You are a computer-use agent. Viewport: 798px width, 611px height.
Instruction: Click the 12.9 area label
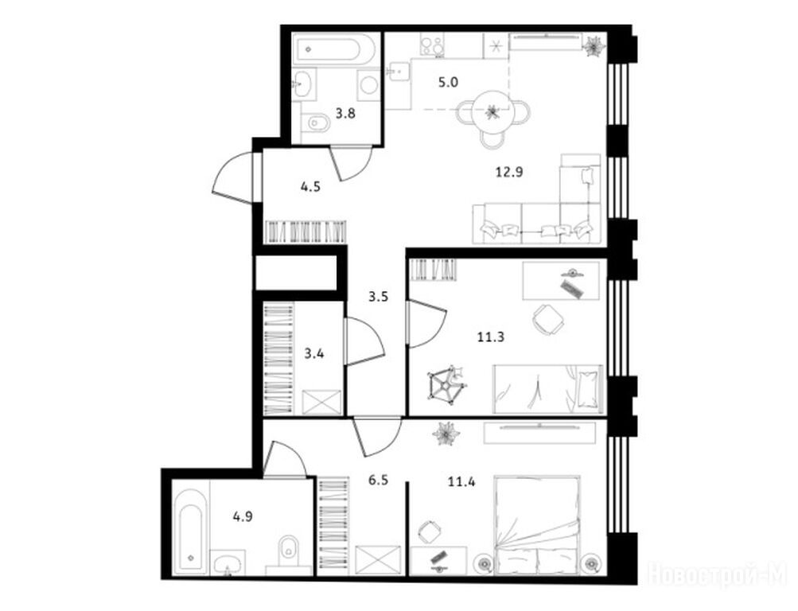(x=509, y=173)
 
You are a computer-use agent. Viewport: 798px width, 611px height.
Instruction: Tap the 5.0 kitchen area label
(x=449, y=82)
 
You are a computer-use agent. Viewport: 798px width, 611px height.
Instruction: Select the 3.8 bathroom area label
(x=345, y=114)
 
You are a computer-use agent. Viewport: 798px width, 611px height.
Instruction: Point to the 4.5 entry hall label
(x=310, y=187)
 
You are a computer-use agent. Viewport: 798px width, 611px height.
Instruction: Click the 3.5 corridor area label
(x=379, y=296)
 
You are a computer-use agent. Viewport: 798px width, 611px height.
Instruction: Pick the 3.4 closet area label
(x=314, y=353)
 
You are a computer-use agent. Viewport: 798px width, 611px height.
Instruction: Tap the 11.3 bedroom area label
(x=491, y=337)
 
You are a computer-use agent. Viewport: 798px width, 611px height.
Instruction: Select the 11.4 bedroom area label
(x=461, y=481)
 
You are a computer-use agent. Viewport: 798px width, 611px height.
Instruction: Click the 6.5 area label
(x=379, y=480)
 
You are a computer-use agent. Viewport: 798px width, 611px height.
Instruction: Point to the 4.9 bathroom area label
(x=243, y=517)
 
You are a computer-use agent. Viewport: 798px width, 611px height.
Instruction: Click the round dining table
(x=492, y=111)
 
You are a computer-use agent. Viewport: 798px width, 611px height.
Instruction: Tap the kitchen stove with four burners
(x=431, y=45)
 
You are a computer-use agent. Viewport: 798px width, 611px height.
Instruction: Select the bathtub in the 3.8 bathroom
(x=334, y=49)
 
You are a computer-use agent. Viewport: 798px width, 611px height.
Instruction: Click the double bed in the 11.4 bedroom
(x=537, y=526)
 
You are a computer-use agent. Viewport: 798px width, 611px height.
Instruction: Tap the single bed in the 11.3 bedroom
(x=548, y=389)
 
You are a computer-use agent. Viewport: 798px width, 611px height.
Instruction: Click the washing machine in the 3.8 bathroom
(x=368, y=84)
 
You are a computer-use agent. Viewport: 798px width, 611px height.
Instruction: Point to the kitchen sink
(x=399, y=71)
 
